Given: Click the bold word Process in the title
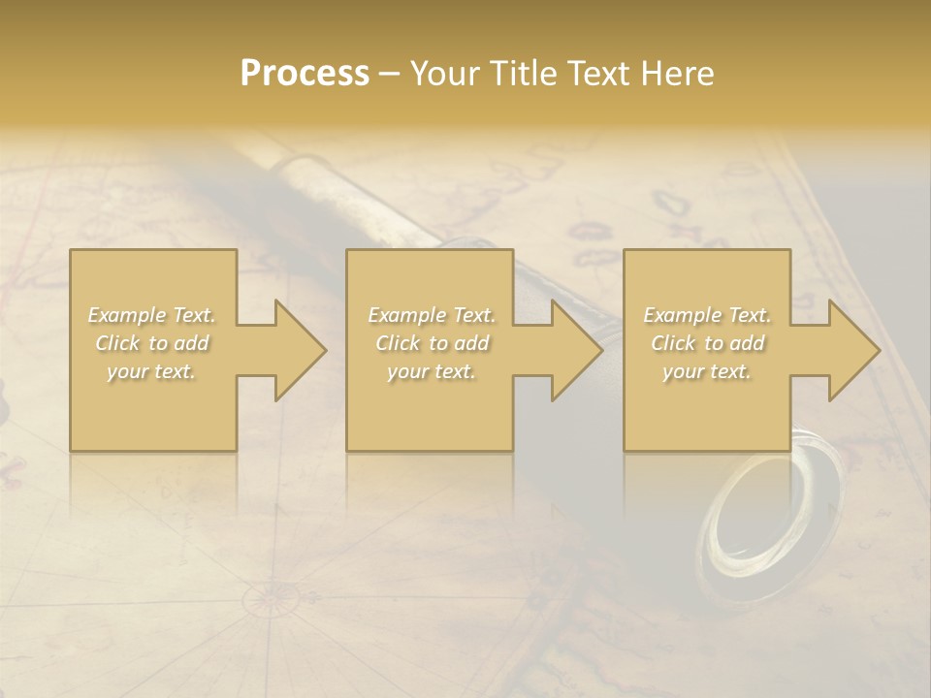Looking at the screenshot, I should click(x=305, y=74).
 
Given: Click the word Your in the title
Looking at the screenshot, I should click(x=442, y=74).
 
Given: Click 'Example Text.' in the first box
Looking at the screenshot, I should click(x=151, y=315).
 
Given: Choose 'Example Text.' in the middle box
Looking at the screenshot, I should click(x=431, y=315).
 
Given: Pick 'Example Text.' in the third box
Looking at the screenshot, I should click(x=707, y=315).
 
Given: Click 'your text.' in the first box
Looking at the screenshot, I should click(x=151, y=371).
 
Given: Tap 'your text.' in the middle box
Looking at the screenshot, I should click(x=431, y=371).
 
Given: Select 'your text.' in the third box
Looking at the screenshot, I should click(x=707, y=371).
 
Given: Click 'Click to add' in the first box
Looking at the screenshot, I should click(x=151, y=343).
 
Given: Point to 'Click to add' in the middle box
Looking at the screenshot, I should click(x=431, y=343).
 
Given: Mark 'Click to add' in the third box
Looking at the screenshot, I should click(x=707, y=343).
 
